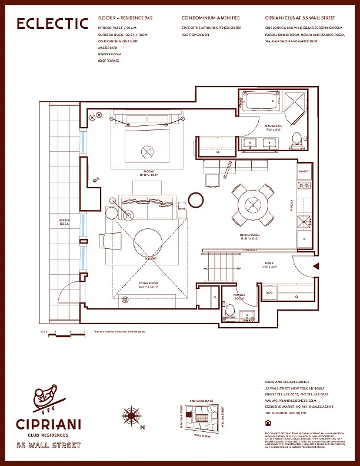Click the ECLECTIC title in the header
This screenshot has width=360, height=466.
(x=52, y=24)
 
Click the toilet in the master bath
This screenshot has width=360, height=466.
(x=297, y=139)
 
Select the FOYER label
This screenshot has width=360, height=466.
(x=269, y=265)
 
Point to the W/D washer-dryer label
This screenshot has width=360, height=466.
(x=269, y=292)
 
